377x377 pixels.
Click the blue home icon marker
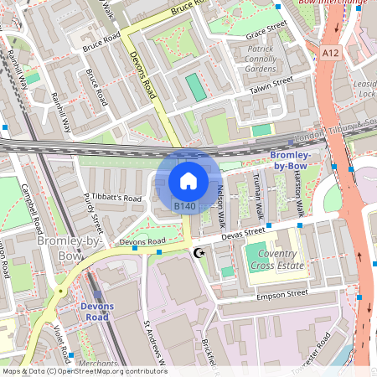[x=188, y=180]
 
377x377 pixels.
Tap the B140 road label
[x=184, y=206]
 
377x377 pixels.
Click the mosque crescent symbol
[x=199, y=252]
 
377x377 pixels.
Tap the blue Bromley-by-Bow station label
[x=291, y=161]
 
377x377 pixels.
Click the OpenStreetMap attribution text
[x=84, y=370]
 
